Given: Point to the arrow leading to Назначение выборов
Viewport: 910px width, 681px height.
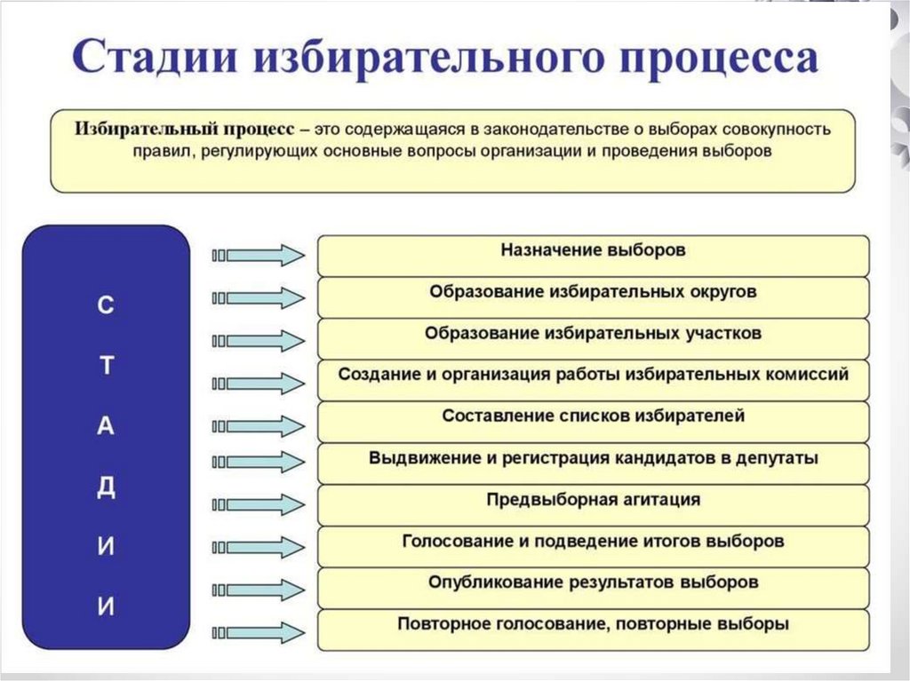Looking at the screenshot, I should pos(259,256).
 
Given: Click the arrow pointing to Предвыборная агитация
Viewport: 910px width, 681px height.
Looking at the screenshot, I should pos(259,504).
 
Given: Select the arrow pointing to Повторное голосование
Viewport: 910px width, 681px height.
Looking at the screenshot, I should pos(259,631).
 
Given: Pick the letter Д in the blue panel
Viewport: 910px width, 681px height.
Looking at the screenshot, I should pos(106,487).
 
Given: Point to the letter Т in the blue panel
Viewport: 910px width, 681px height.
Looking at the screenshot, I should pos(106,367).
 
